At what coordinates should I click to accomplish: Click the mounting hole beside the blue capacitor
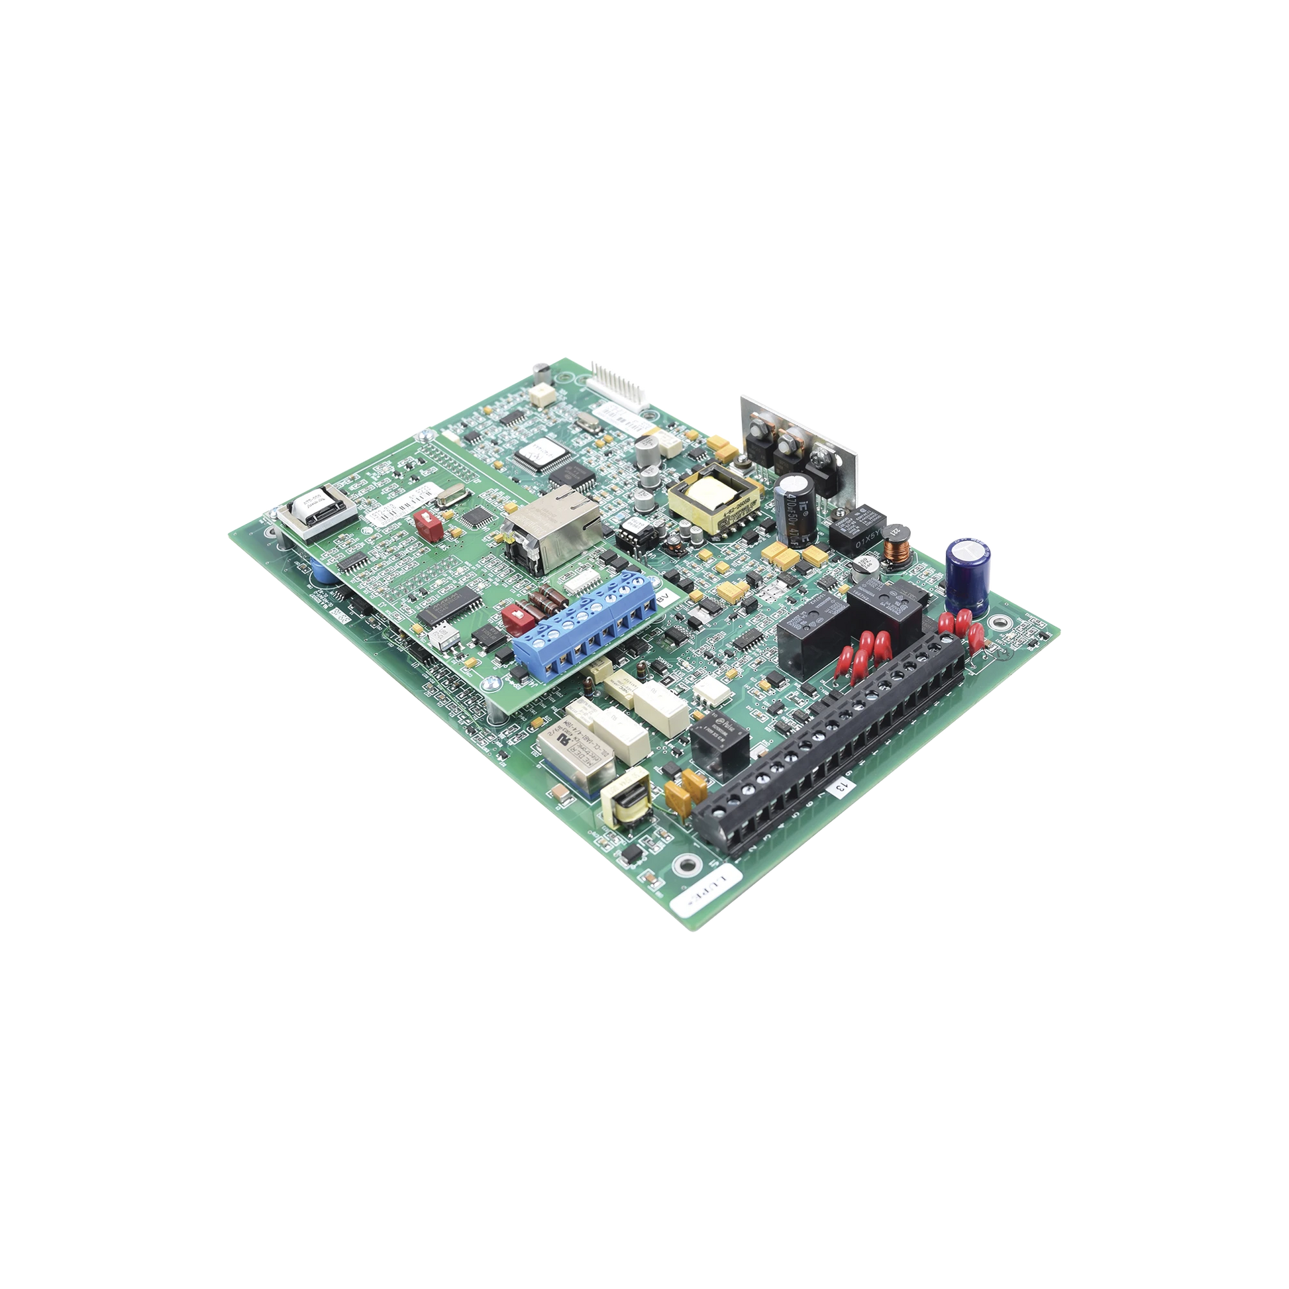coord(998,624)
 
